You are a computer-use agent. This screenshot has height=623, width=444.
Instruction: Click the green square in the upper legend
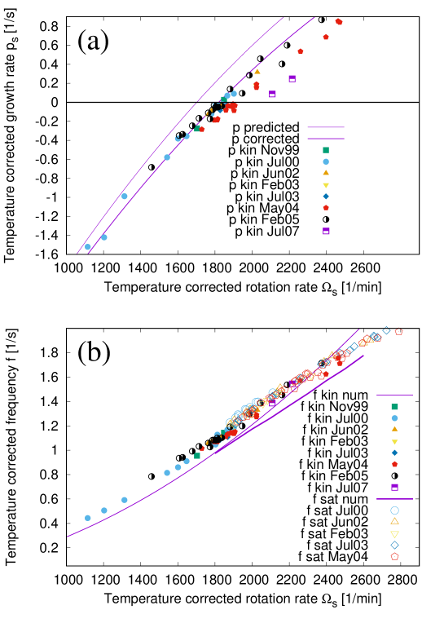(x=326, y=150)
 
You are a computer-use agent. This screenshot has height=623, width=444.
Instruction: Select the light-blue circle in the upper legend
(x=326, y=161)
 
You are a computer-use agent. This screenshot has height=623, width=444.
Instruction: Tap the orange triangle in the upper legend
(x=326, y=173)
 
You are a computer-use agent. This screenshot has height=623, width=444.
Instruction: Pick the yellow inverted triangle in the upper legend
(x=326, y=185)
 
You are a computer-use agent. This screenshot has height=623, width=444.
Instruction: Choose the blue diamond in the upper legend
(x=326, y=197)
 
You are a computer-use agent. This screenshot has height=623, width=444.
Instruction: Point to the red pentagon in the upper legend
(x=326, y=208)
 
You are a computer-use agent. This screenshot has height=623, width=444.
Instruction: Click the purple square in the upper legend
(x=326, y=232)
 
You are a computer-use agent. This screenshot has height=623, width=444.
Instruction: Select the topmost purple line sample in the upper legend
(x=326, y=127)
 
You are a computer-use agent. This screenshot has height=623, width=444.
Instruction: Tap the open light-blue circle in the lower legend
(x=395, y=510)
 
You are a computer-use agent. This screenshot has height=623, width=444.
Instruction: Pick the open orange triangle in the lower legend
(x=395, y=521)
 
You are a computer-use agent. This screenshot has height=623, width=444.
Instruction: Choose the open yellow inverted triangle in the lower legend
(x=395, y=534)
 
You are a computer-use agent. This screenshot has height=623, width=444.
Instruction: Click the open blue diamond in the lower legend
(x=395, y=545)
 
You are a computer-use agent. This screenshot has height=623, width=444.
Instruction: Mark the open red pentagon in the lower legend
(x=395, y=557)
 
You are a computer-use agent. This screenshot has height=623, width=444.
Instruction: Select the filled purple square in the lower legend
(x=395, y=488)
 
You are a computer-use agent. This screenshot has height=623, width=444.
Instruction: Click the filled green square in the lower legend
(x=395, y=407)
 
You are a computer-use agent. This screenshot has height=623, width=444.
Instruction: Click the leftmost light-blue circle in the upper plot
(x=88, y=247)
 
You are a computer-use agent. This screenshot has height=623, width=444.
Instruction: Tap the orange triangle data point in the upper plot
(x=257, y=72)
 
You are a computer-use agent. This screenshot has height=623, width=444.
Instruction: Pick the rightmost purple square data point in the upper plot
(x=292, y=79)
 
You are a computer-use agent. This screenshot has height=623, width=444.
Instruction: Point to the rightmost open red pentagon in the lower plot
(x=399, y=332)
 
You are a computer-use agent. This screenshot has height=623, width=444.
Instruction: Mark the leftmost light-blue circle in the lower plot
(x=88, y=518)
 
